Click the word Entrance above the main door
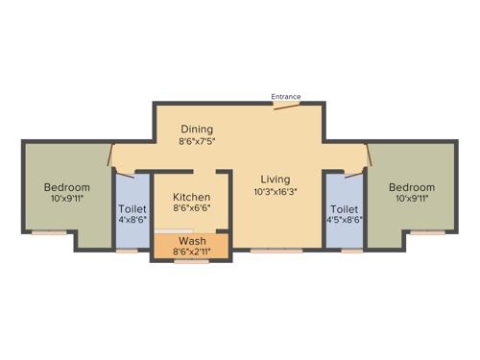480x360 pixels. [x=285, y=96]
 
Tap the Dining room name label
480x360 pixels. [x=196, y=129]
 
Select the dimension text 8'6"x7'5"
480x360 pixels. [x=196, y=141]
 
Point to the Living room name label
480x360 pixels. [x=276, y=179]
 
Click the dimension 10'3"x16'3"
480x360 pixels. [x=276, y=191]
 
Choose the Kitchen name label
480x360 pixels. [x=191, y=196]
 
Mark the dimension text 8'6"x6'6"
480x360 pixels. [x=191, y=207]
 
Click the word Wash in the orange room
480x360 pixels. [x=191, y=240]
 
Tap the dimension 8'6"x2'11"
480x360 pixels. [x=191, y=252]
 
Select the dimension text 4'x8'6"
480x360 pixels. [x=132, y=220]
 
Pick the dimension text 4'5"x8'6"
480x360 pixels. [x=344, y=220]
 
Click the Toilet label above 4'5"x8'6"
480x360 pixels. [x=344, y=208]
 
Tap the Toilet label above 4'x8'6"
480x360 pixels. [x=132, y=208]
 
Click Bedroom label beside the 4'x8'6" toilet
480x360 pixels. [x=67, y=186]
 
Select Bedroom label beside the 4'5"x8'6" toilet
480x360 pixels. [x=412, y=186]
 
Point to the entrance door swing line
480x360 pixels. [x=285, y=106]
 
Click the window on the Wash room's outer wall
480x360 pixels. [x=191, y=261]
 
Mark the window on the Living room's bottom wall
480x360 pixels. [x=276, y=251]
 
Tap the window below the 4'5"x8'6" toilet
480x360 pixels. [x=351, y=251]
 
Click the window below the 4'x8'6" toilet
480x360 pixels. [x=127, y=251]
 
